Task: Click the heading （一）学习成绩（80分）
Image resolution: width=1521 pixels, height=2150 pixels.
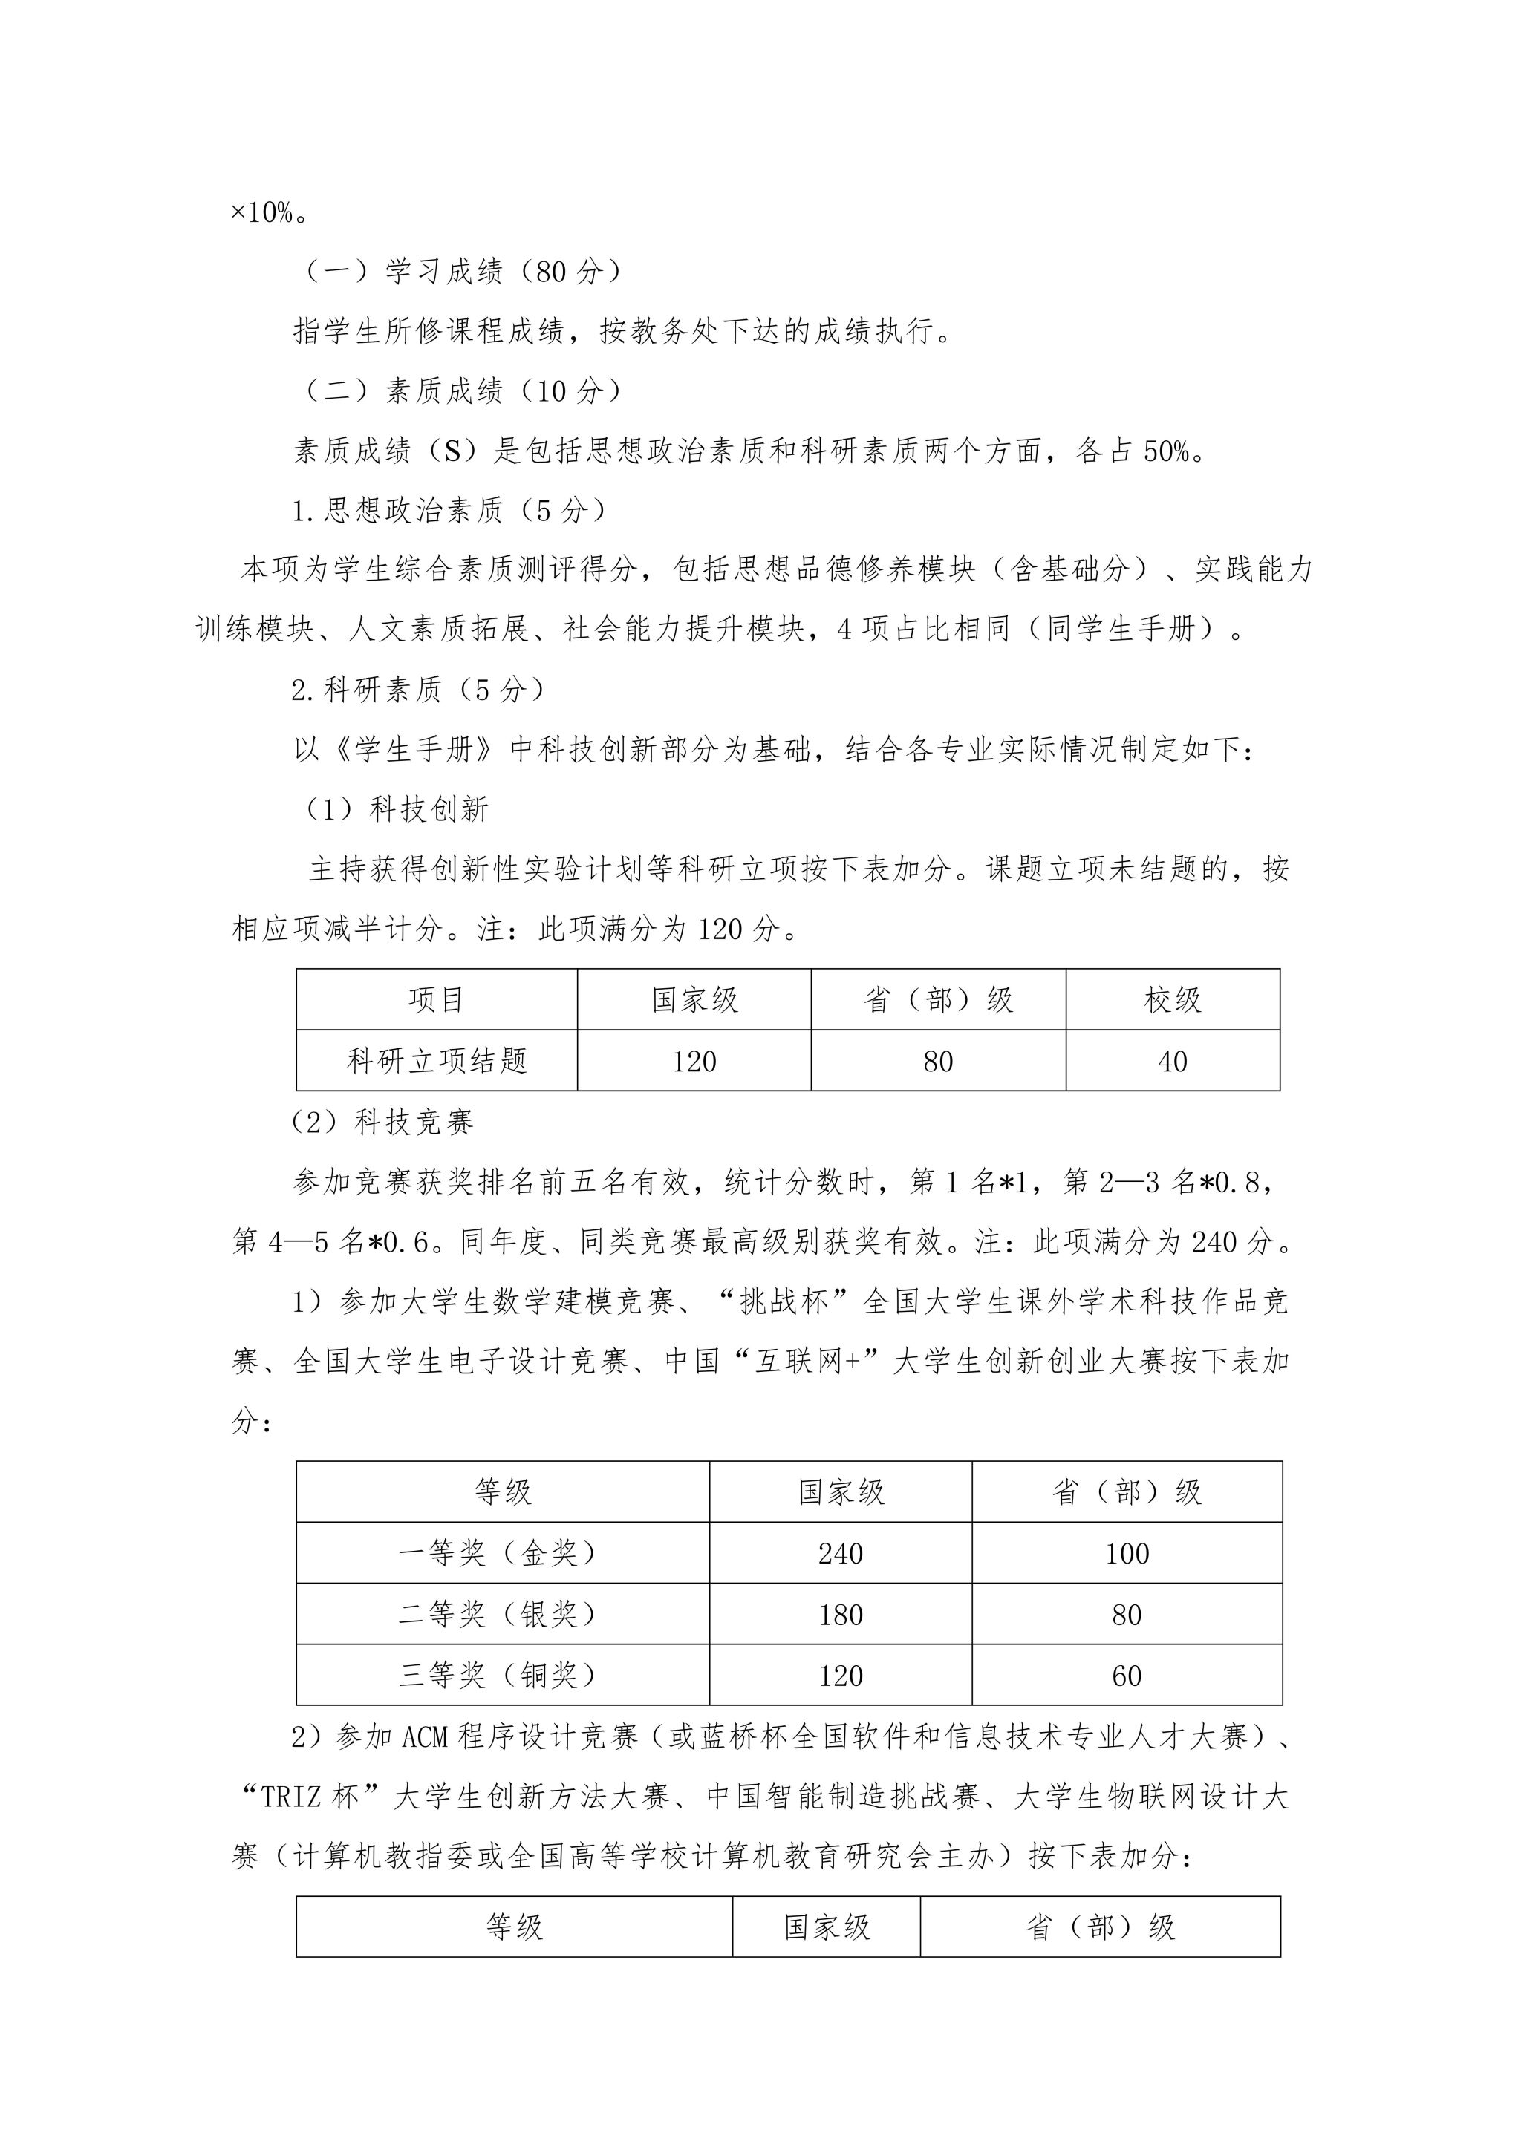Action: (462, 272)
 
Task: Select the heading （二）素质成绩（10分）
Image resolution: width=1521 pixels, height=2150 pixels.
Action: (462, 391)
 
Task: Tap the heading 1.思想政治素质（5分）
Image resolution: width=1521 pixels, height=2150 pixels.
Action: (449, 510)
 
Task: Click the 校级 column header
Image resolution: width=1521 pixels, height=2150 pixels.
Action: (1173, 1000)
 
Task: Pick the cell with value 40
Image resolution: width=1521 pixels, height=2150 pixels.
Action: (1173, 1061)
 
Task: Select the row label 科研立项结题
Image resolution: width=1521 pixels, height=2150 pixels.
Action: (437, 1061)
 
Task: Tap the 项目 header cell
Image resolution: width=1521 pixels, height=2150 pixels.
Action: (437, 1000)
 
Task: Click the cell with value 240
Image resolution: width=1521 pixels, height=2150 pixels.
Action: (840, 1554)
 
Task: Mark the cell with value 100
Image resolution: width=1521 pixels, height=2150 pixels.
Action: (1127, 1554)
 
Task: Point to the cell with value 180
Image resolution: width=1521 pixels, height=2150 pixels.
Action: (840, 1615)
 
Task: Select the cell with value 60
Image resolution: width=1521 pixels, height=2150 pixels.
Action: (1127, 1676)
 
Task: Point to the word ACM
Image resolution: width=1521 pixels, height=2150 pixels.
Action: (426, 1738)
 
